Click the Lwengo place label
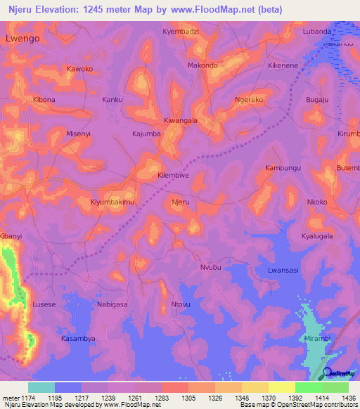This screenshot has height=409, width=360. point(22,39)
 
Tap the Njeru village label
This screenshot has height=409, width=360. point(181,202)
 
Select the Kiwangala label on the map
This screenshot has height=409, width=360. point(181,120)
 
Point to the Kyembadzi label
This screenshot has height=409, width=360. point(181,32)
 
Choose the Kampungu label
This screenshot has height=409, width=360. point(283,169)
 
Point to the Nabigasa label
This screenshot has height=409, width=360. point(110,304)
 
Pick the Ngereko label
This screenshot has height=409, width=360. point(249,100)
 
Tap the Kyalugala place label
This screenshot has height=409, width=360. point(317,236)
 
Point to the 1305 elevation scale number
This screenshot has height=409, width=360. point(179,398)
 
